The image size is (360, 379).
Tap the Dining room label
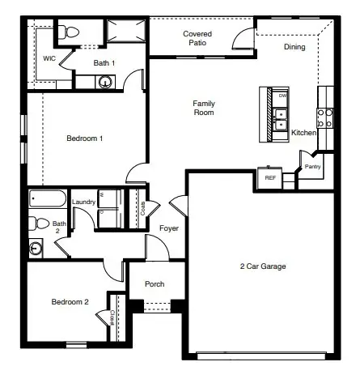point(294,47)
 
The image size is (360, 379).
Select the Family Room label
point(203,108)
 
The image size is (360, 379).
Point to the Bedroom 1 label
point(84,138)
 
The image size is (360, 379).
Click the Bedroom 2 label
point(70,302)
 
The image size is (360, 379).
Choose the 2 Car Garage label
point(263,266)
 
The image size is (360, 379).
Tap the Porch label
point(155,284)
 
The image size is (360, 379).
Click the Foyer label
point(168,228)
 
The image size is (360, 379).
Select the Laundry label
point(83,202)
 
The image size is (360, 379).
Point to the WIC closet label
point(49,58)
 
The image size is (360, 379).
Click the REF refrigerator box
point(269,177)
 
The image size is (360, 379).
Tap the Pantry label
point(312,167)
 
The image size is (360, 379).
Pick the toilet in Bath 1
point(71,32)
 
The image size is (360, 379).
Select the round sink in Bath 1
point(104,81)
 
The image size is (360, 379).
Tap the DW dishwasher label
point(282,96)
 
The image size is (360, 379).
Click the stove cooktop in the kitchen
point(326,119)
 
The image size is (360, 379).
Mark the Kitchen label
point(304,132)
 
